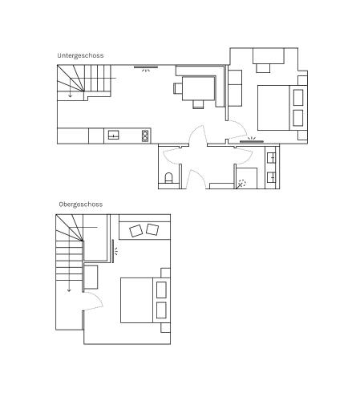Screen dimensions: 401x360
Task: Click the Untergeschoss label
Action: tap(80, 55)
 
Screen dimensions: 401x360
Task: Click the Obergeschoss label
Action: tap(80, 205)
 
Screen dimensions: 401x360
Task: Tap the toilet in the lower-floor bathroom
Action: tap(168, 177)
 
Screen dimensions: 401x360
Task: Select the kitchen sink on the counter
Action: tap(113, 135)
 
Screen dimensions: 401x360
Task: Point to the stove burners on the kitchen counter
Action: tap(145, 135)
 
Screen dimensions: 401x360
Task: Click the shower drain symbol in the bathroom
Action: tap(242, 183)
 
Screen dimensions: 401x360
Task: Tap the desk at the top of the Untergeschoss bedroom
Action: tap(268, 56)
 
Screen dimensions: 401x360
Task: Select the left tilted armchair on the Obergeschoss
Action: tap(136, 231)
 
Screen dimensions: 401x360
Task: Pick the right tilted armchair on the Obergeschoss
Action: tap(152, 230)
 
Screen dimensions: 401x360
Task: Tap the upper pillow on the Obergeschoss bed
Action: tap(161, 289)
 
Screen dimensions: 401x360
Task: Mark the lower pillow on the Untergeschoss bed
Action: tap(297, 119)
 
